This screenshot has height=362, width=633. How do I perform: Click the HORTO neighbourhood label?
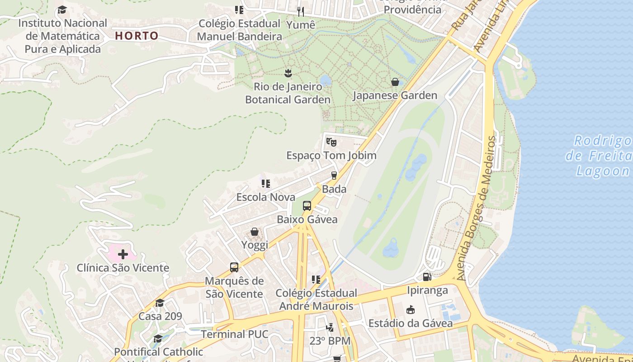(x=137, y=36)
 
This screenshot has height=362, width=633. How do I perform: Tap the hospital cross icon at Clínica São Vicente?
(x=123, y=254)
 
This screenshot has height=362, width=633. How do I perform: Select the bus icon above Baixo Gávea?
(x=307, y=206)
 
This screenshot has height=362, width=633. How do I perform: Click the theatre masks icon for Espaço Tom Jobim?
(x=331, y=142)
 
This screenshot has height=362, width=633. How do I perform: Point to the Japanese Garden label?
(x=395, y=95)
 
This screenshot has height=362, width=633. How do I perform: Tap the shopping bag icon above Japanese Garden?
(x=395, y=82)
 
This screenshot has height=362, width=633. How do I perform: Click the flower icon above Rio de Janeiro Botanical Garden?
(x=288, y=72)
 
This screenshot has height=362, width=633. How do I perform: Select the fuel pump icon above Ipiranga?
(x=427, y=276)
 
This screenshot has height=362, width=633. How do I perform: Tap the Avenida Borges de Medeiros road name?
(x=479, y=208)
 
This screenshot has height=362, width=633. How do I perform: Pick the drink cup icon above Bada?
(x=334, y=176)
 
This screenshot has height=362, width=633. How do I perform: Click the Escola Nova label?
(x=266, y=197)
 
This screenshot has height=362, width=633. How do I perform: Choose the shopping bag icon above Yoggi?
(x=255, y=232)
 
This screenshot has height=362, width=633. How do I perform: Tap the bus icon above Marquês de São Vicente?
(x=234, y=267)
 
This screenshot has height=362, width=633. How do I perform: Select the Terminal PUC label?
(x=234, y=334)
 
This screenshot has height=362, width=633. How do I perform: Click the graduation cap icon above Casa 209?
(x=160, y=303)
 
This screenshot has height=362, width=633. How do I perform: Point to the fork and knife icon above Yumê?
(x=301, y=11)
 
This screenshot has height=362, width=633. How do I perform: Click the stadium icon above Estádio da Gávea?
(x=410, y=310)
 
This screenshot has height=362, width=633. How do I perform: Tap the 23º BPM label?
(x=330, y=341)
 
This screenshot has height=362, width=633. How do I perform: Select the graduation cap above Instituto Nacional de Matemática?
(x=62, y=10)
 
